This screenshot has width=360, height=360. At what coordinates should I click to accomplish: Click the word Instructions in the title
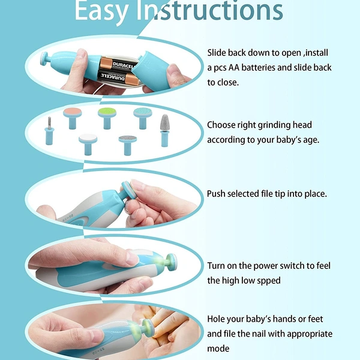209,10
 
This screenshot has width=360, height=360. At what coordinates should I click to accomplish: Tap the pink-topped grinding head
73,118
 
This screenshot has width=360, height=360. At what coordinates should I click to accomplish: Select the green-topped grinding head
107,118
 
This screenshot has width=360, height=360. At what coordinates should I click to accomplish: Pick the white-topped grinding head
88,145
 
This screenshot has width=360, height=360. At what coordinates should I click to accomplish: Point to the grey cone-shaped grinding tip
164,130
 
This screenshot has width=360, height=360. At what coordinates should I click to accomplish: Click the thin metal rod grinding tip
50,131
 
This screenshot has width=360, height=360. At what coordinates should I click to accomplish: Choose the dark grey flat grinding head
128,145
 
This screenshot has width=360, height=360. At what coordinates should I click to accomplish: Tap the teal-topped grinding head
143,118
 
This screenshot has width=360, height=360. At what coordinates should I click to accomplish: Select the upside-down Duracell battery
118,79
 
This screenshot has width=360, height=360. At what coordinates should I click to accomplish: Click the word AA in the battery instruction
234,68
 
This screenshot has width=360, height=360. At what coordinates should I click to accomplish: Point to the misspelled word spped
269,281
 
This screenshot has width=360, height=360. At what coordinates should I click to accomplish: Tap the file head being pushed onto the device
127,190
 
